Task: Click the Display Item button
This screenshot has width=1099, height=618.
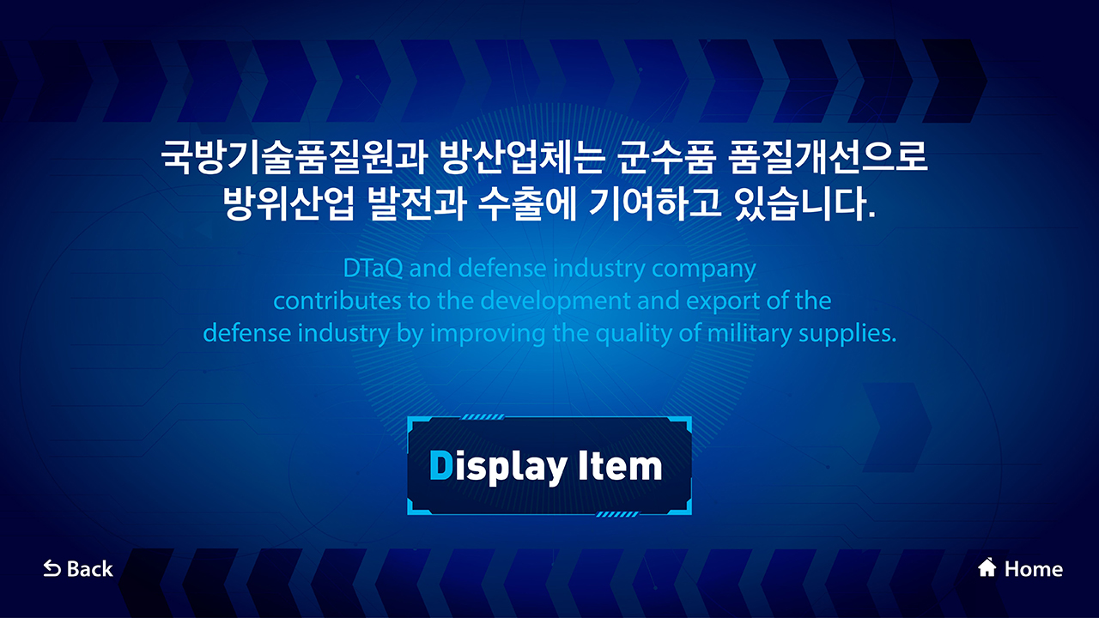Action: [549, 465]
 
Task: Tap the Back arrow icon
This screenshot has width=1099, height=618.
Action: [52, 569]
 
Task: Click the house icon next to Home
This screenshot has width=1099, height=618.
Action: [987, 567]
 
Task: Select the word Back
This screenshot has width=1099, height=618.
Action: [90, 569]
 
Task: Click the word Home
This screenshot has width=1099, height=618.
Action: [1034, 569]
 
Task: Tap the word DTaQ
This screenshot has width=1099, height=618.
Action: [373, 268]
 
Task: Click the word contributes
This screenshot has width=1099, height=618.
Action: [337, 300]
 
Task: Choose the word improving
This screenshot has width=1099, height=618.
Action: [488, 334]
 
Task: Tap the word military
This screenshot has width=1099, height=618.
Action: [750, 334]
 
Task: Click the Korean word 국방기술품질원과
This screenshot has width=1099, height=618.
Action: [294, 157]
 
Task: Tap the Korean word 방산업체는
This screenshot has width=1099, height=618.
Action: [521, 157]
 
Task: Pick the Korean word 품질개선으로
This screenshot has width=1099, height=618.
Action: [828, 157]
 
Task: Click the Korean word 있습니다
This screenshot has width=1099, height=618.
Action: [805, 203]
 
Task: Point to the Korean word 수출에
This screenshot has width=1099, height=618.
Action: [527, 203]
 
